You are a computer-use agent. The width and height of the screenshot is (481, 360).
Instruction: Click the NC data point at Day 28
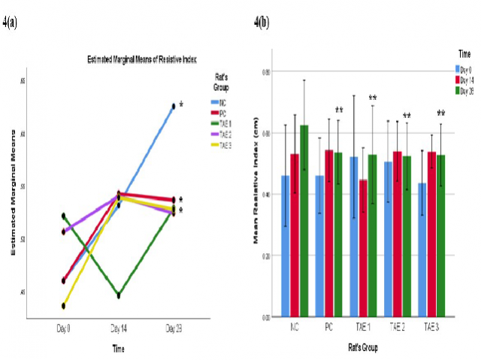click(174, 107)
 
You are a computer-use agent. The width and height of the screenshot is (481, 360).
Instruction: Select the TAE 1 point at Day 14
click(119, 295)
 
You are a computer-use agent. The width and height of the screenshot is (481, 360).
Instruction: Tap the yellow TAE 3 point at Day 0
click(64, 306)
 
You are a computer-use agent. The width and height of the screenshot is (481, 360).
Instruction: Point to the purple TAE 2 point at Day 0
click(64, 231)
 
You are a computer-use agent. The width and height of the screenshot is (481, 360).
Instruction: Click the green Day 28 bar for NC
click(304, 221)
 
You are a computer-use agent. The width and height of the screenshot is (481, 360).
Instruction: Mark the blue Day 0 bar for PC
click(319, 246)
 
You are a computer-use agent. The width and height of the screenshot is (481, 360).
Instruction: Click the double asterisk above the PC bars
click(339, 111)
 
